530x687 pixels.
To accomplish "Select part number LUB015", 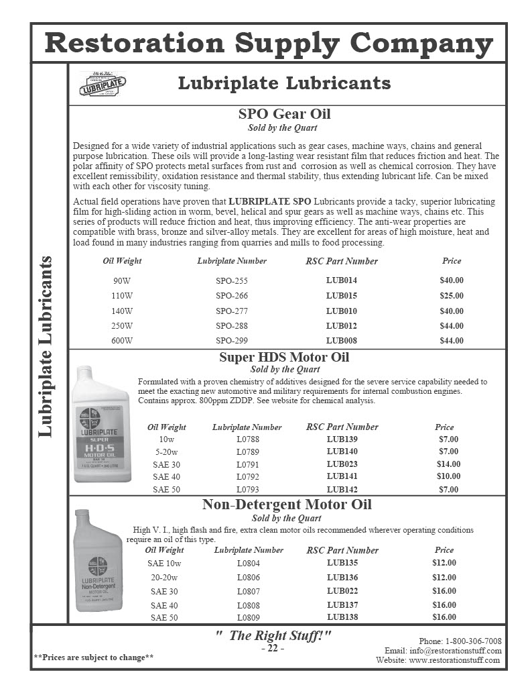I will (342, 296).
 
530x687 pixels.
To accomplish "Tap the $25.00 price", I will (451, 296).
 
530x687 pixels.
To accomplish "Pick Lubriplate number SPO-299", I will (232, 341).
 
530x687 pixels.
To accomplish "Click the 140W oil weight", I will (122, 311).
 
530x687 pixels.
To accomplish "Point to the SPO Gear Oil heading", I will (284, 114).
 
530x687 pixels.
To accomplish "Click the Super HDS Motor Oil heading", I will (284, 357).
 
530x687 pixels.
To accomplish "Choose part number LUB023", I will (342, 464).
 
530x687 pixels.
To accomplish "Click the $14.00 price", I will (448, 464).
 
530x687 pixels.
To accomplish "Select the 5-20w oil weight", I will (166, 452).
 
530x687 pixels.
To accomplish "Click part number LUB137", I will (342, 605).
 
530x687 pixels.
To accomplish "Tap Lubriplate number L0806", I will (248, 578).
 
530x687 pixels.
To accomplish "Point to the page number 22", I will (273, 649).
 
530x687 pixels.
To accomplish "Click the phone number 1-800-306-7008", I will (470, 641).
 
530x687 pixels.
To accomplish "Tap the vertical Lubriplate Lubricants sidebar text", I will (46, 346).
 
